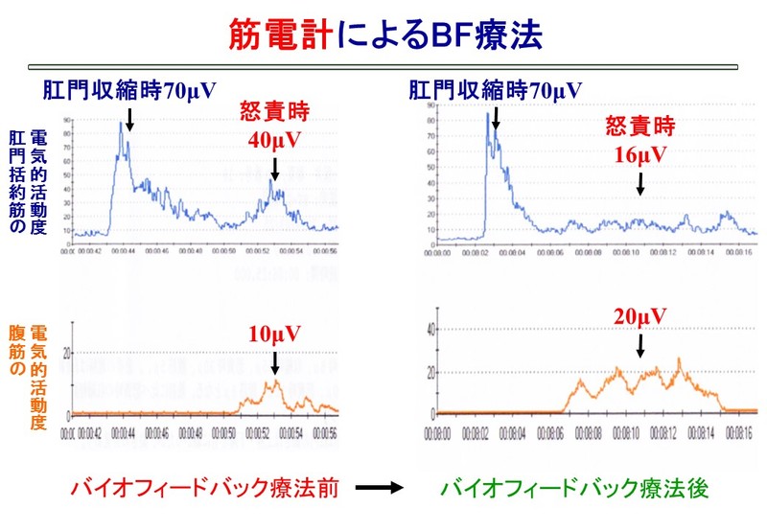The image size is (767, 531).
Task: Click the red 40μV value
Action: (274, 140)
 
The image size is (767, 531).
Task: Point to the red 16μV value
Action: (639, 151)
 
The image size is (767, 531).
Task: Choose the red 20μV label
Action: (639, 316)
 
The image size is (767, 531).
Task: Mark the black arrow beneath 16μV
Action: (639, 181)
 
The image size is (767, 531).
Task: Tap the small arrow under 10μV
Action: (274, 362)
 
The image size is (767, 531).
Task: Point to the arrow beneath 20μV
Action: (639, 344)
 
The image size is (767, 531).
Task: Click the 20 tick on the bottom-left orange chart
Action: (65, 354)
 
